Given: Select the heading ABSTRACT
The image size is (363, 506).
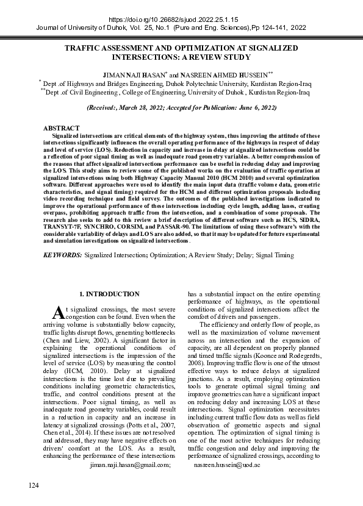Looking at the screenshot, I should point(60,128).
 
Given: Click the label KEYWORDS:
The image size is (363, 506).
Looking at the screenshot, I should point(62,255).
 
